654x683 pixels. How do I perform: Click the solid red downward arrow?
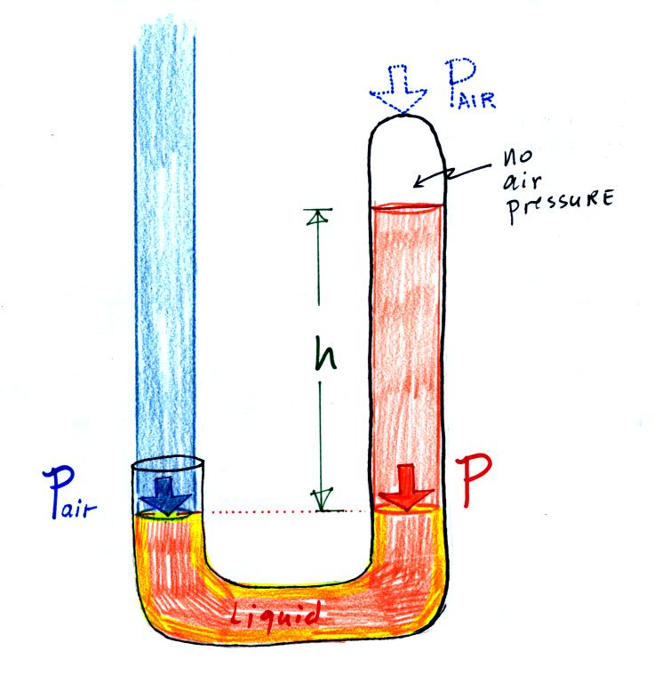point(406,494)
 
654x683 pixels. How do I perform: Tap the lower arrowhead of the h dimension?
point(318,503)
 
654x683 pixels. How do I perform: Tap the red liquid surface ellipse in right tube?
point(405,208)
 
